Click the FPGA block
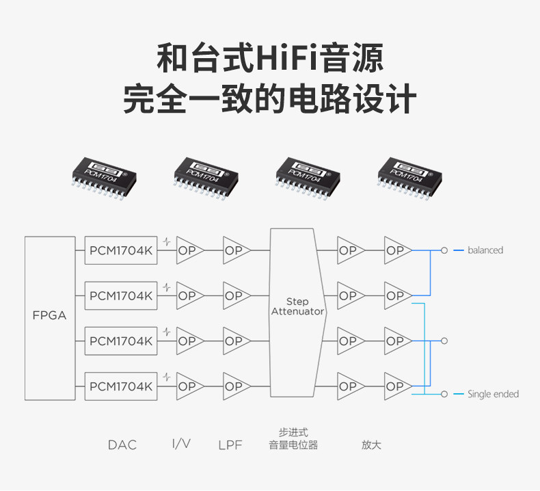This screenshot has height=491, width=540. pos(49,317)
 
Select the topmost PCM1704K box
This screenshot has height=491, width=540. pos(121,251)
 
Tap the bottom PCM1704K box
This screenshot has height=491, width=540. pos(121,386)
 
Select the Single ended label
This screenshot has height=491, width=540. pos(493,394)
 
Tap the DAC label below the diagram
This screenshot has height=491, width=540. pos(122,445)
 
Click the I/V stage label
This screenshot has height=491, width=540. pos(181,444)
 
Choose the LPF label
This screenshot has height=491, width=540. pos(230,445)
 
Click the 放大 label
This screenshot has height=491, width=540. pos(371,445)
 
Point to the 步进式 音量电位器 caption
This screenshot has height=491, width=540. pos(293,438)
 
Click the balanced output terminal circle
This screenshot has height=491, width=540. pos(444,250)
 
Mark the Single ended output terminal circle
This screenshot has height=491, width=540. pos(444,394)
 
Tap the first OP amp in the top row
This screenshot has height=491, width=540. pos(188,251)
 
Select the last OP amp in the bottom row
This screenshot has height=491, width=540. pos(396,386)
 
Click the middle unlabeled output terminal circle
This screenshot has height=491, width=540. pos(444,341)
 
